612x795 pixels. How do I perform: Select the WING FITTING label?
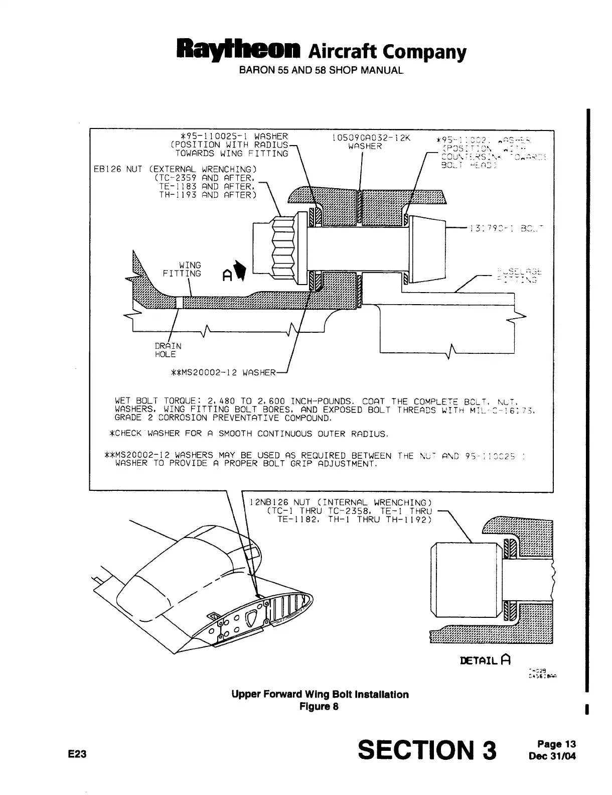point(182,269)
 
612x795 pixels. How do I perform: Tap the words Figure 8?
point(319,706)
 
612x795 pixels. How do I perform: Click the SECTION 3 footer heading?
point(427,750)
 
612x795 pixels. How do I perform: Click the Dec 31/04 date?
point(553,754)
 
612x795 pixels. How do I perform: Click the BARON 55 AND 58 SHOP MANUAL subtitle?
point(321,70)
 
